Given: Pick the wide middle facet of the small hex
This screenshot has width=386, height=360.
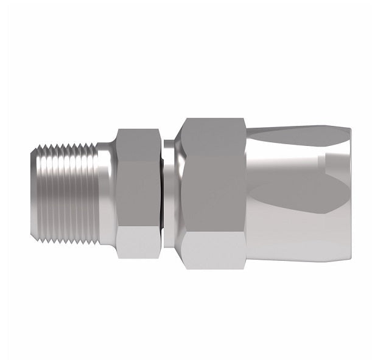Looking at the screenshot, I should tap(138, 189).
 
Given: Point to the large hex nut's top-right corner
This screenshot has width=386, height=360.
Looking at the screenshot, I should tap(244, 119).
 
